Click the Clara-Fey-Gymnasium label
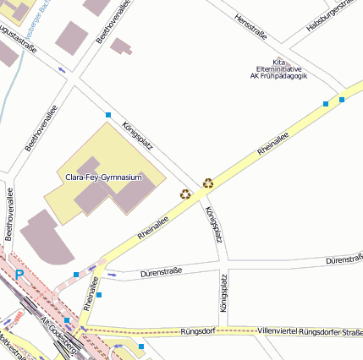[103, 177]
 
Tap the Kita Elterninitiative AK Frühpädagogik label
[278, 68]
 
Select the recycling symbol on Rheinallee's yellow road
[207, 182]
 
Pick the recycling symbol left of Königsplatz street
[184, 194]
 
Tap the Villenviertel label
[278, 330]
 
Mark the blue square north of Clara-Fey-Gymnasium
[107, 114]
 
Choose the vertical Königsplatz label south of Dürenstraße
[224, 294]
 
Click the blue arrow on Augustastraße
[62, 69]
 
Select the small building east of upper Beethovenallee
[122, 46]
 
